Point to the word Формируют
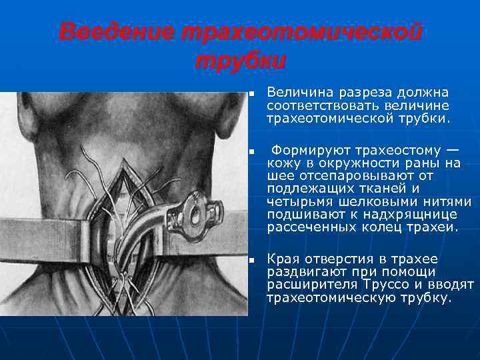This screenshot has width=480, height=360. pos(308,149)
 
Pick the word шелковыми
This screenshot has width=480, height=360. pos(383,202)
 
